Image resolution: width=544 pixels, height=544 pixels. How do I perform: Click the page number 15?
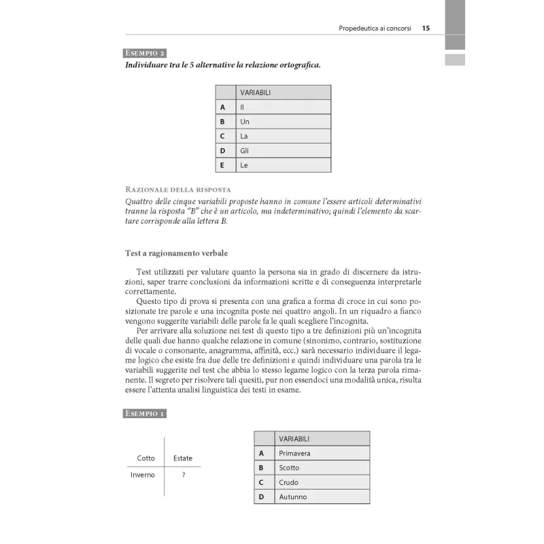pyautogui.click(x=426, y=29)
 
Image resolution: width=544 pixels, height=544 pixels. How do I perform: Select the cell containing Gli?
pyautogui.click(x=283, y=150)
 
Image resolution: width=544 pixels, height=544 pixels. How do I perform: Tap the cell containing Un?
pyautogui.click(x=283, y=121)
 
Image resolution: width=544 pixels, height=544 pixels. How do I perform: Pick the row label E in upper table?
pyautogui.click(x=222, y=165)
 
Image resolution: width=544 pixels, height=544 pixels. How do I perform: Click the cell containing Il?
pyautogui.click(x=283, y=107)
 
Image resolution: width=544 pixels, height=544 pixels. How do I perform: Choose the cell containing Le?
pyautogui.click(x=283, y=165)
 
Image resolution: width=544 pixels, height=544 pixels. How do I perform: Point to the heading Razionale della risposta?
pyautogui.click(x=178, y=188)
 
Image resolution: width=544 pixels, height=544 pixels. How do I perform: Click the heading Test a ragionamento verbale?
pyautogui.click(x=171, y=253)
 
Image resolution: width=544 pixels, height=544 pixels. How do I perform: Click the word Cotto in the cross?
pyautogui.click(x=146, y=458)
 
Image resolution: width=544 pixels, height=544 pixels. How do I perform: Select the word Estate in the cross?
pyautogui.click(x=183, y=458)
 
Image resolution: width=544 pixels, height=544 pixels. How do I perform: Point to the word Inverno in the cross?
pyautogui.click(x=143, y=475)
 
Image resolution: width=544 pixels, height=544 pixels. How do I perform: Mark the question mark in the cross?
pyautogui.click(x=184, y=475)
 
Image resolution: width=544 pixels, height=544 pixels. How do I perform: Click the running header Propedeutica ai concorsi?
pyautogui.click(x=374, y=29)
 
